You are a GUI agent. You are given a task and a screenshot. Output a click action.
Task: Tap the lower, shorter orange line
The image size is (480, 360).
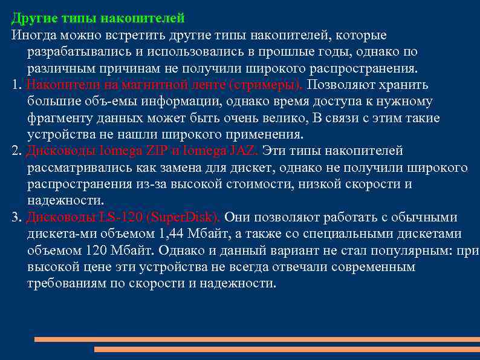coord(287,350)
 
